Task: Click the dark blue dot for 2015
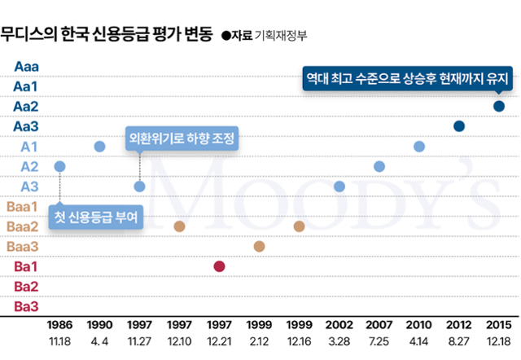coord(499,106)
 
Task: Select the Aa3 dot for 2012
coord(459,126)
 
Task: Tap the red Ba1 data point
coord(219,266)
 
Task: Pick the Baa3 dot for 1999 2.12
coord(260,246)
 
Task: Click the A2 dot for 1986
coord(59,166)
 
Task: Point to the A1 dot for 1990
coord(99,147)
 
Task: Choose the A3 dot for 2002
coord(339,187)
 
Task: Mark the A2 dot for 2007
coord(379,166)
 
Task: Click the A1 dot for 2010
coord(419,147)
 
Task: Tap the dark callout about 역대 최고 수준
coord(406,80)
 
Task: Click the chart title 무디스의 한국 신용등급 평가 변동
coord(107,34)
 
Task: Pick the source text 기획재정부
coord(281,35)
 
